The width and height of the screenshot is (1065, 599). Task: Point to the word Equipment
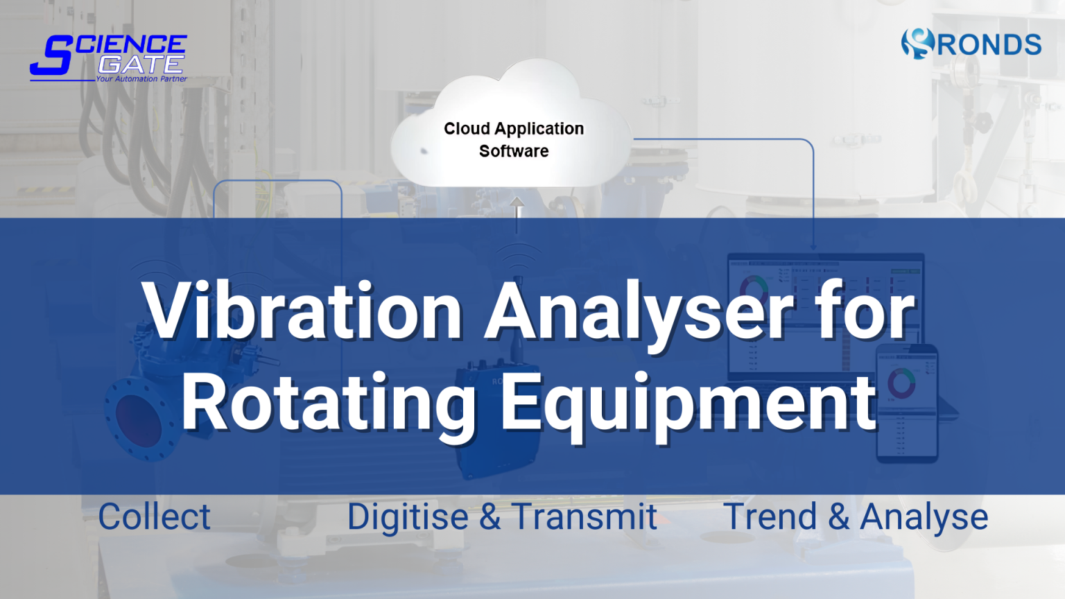[x=689, y=402]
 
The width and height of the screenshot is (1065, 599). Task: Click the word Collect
[x=154, y=517]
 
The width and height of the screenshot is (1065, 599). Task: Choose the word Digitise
[x=408, y=517]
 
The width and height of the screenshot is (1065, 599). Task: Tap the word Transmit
[x=585, y=517]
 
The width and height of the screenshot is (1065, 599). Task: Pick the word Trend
[x=770, y=517]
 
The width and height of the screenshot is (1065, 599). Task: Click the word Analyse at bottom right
[x=924, y=517]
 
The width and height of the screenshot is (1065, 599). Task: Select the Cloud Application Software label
[x=514, y=139]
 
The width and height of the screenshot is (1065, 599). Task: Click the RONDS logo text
[x=989, y=45]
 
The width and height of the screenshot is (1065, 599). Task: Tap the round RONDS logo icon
[x=917, y=43]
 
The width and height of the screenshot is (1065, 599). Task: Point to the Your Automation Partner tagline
[x=141, y=79]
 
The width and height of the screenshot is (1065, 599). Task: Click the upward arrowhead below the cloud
[x=517, y=202]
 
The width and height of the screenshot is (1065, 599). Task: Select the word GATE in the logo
[x=141, y=64]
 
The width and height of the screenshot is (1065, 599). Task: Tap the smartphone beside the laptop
[x=907, y=402]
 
